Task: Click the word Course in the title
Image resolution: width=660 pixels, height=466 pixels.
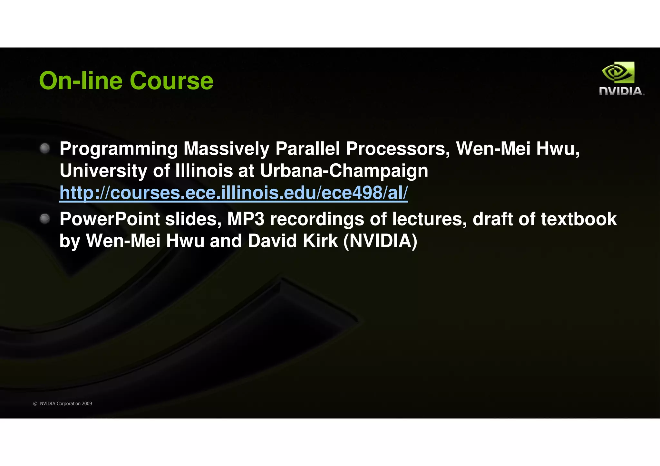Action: [171, 81]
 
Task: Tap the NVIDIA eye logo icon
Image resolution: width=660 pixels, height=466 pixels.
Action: [618, 73]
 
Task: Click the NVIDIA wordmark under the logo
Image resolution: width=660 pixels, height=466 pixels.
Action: [621, 91]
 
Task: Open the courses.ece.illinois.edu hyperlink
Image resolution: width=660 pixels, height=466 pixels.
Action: [233, 193]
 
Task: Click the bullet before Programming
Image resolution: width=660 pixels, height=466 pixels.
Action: [45, 148]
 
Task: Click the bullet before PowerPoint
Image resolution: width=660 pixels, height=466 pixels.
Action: [45, 219]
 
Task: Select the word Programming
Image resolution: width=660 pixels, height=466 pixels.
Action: [118, 149]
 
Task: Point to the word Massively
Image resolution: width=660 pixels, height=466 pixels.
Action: [226, 149]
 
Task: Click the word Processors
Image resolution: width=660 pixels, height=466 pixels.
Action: [397, 149]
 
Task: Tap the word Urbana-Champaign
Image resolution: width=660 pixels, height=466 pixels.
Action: [344, 171]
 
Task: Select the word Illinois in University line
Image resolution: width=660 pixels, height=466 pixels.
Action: [204, 171]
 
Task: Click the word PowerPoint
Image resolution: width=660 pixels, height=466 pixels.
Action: [110, 219]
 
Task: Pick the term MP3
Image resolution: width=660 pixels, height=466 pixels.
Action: [246, 219]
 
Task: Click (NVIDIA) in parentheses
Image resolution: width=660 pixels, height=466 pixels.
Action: [380, 241]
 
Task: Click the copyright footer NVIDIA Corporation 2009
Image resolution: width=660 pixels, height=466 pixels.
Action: [66, 404]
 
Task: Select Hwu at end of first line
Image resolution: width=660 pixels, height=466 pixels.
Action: [558, 149]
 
